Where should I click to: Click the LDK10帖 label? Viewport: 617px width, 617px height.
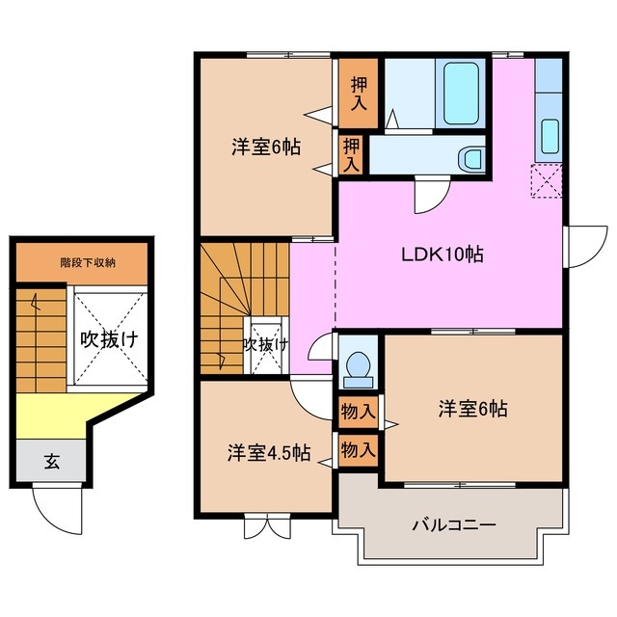(443, 255)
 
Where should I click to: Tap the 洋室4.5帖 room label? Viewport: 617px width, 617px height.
(269, 451)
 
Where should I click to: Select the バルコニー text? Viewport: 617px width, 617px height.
(454, 525)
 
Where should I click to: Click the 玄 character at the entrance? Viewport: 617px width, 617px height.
(51, 462)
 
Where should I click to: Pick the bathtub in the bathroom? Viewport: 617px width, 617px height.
(461, 94)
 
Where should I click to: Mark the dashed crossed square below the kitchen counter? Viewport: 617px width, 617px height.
(547, 180)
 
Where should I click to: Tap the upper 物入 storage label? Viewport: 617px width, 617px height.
(359, 413)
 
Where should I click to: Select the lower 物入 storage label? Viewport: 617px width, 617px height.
(359, 449)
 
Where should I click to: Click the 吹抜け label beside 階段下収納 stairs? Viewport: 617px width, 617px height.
(108, 339)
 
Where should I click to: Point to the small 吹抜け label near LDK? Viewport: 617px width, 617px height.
(264, 344)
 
